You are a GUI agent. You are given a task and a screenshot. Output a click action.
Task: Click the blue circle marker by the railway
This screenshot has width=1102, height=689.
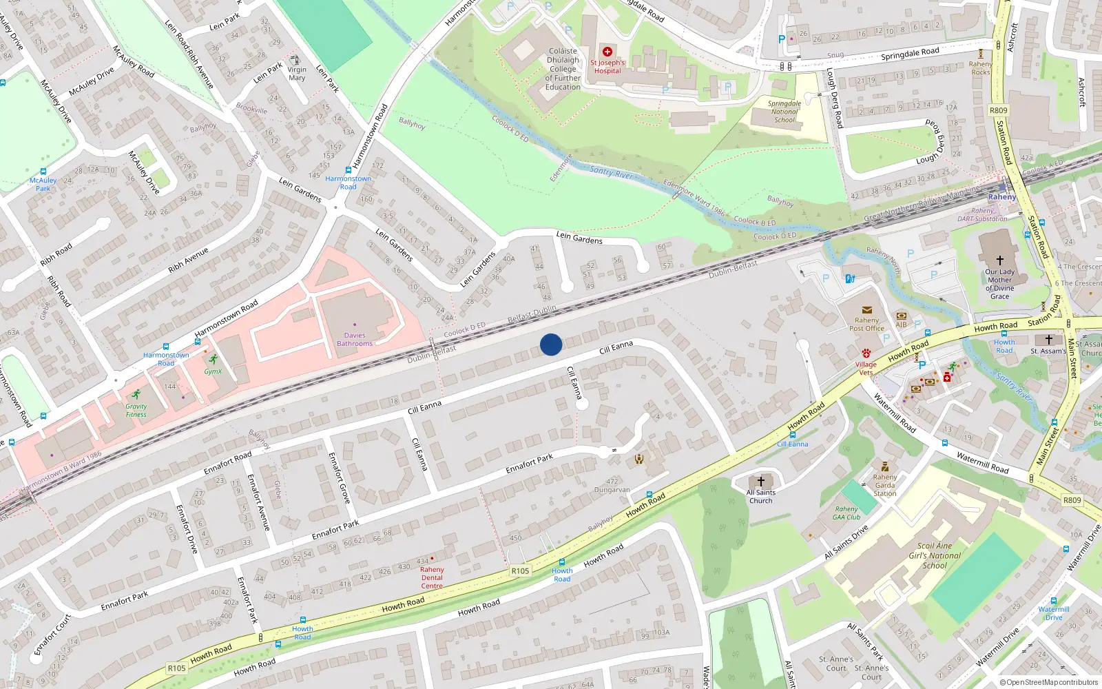click(x=551, y=344)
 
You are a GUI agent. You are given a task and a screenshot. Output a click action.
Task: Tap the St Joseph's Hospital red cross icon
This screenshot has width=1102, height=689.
click(x=607, y=52)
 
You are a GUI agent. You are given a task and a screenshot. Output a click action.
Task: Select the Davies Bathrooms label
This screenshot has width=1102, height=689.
click(x=355, y=340)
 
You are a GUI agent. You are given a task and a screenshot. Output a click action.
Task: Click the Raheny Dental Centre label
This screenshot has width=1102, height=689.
click(x=432, y=577)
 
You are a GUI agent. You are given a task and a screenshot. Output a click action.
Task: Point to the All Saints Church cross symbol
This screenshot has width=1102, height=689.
click(x=761, y=482)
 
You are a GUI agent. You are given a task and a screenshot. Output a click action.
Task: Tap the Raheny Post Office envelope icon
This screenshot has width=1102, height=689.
click(x=866, y=310)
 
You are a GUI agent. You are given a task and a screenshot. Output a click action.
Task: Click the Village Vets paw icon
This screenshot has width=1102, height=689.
click(x=866, y=353)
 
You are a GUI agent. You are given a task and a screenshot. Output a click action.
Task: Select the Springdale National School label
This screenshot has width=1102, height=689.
click(x=784, y=112)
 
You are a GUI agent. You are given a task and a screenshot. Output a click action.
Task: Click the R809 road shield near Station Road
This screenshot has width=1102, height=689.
click(x=998, y=110)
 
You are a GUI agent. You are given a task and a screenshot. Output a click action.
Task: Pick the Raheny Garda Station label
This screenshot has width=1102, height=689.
click(x=885, y=485)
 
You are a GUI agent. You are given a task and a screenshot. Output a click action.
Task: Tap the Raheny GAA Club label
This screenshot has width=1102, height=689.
click(x=846, y=513)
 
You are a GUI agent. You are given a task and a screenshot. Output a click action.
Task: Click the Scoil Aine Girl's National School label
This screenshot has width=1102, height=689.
click(x=935, y=555)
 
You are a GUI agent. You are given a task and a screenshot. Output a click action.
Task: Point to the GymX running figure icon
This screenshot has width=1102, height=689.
click(x=214, y=359)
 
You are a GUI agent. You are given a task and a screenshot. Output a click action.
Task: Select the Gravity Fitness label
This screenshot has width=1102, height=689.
click(x=136, y=411)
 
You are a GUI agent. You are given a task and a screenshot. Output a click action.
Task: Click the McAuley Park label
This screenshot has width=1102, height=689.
click(x=43, y=184)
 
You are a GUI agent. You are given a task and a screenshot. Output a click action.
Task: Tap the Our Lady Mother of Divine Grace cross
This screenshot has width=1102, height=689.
click(x=1000, y=260)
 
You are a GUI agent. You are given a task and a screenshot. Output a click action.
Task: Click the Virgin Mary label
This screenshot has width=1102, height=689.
click(x=297, y=74)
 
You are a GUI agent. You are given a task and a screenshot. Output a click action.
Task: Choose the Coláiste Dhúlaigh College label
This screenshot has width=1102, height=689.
click(x=563, y=69)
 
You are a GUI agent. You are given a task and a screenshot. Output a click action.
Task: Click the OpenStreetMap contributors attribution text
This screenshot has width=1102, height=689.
click(x=1048, y=682)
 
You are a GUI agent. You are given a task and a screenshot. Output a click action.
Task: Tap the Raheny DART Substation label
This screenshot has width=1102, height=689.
click(x=982, y=215)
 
